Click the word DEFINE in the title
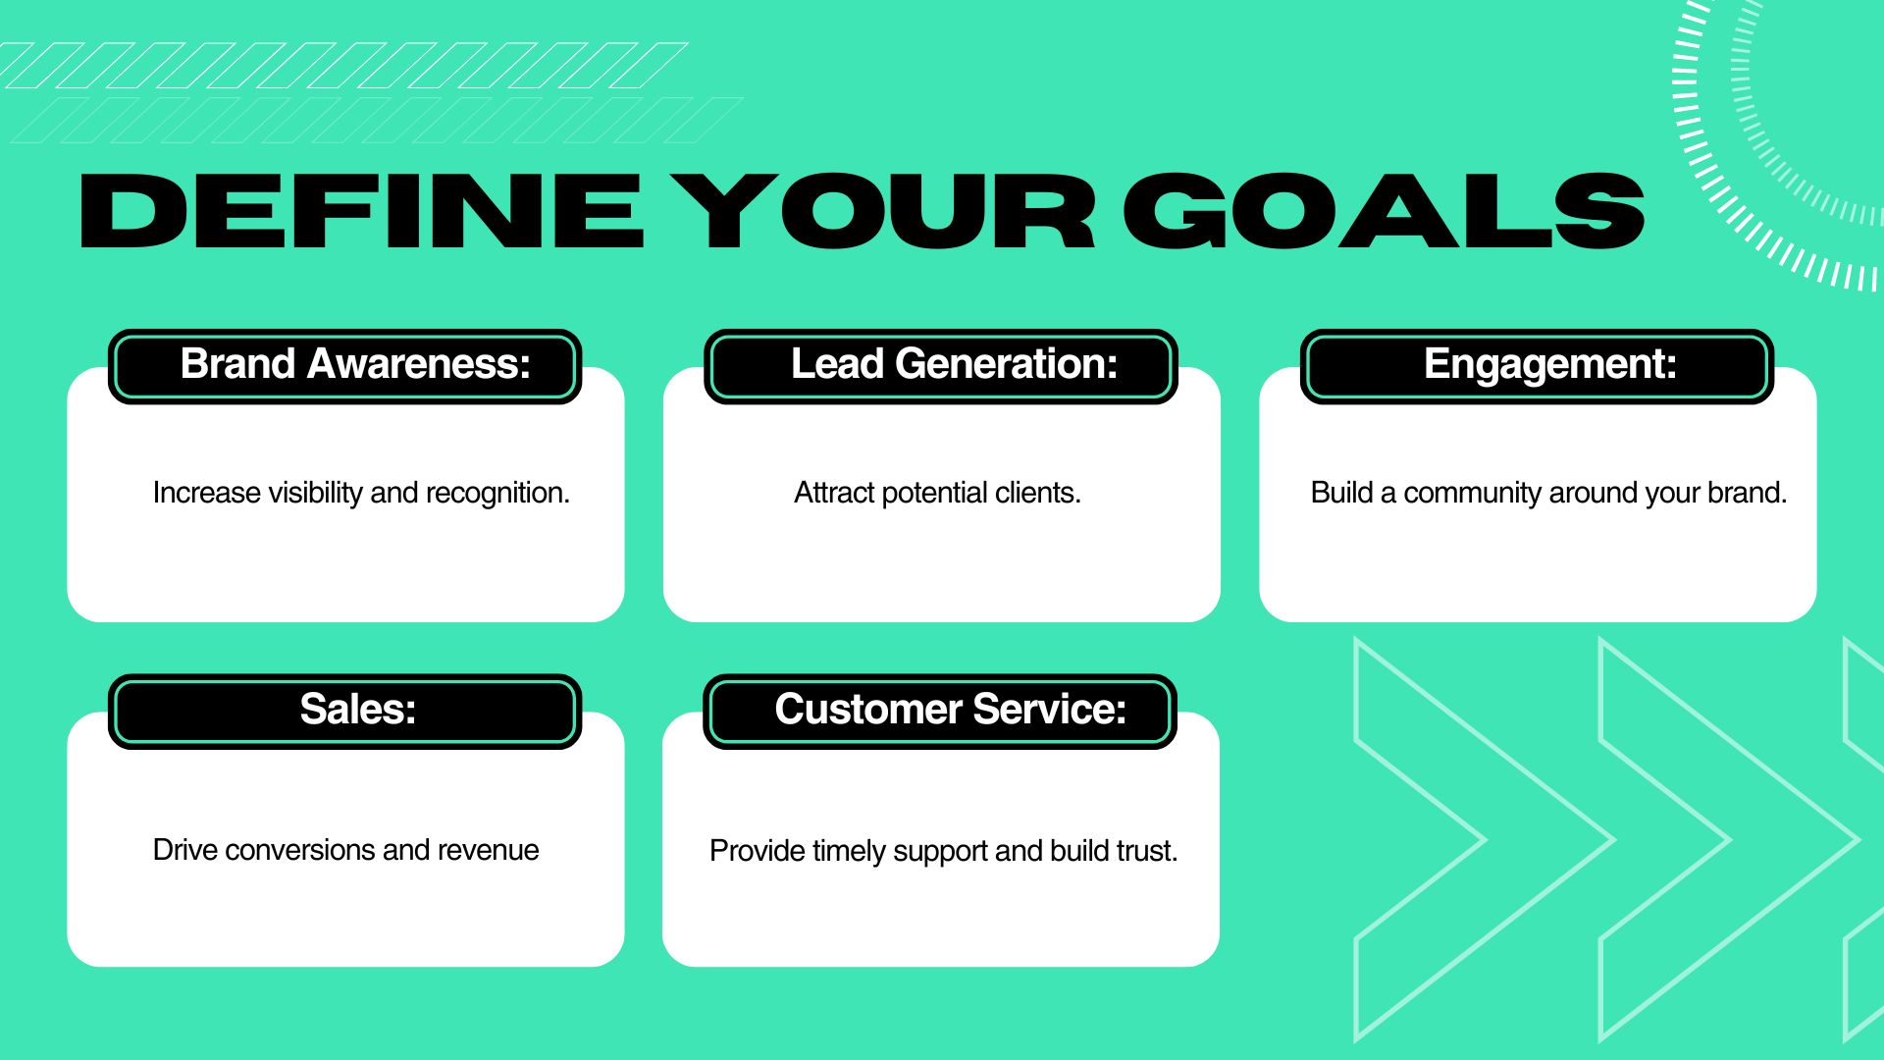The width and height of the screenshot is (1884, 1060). (362, 211)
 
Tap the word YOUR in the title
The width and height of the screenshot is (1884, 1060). (883, 211)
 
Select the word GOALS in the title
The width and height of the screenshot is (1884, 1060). (1384, 211)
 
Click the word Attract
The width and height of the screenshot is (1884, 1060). (834, 493)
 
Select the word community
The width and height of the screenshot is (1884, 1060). (1473, 494)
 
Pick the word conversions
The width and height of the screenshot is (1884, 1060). (300, 850)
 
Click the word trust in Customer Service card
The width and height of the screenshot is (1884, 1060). (1149, 851)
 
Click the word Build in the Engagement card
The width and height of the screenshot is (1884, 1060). (1341, 493)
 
